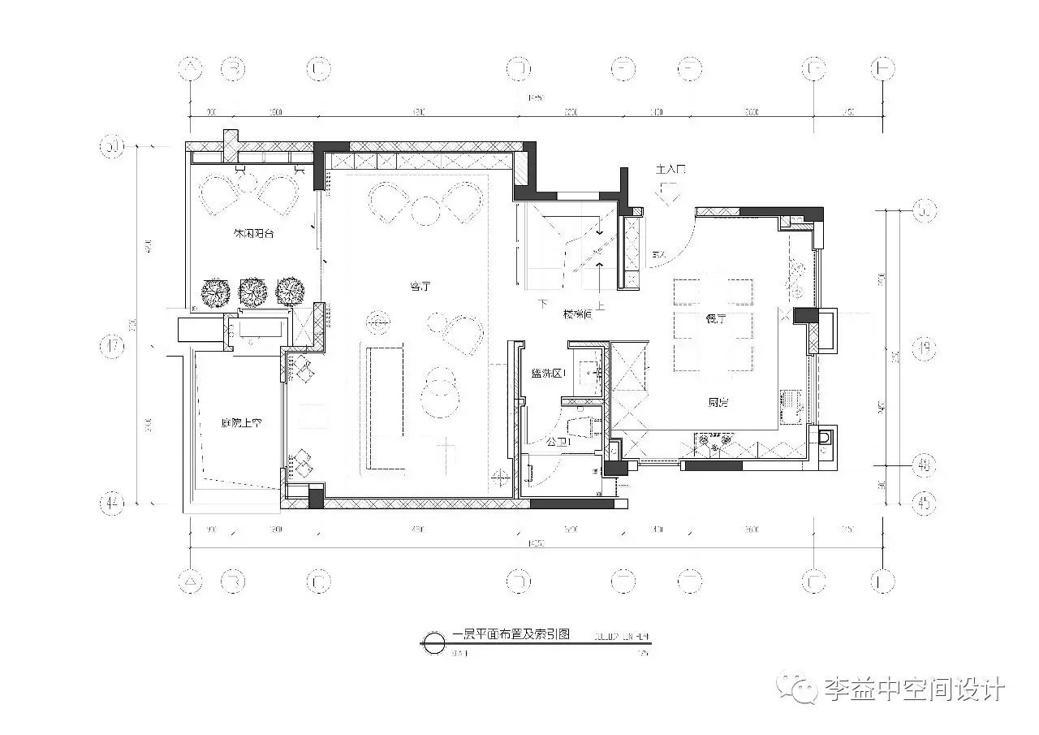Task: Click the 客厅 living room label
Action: point(420,286)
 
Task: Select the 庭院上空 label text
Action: point(240,422)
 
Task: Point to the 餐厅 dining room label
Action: point(714,319)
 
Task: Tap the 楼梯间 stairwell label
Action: point(577,314)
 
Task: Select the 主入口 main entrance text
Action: point(670,170)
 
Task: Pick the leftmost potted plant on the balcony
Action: point(215,292)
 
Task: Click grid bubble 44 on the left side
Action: point(112,504)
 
